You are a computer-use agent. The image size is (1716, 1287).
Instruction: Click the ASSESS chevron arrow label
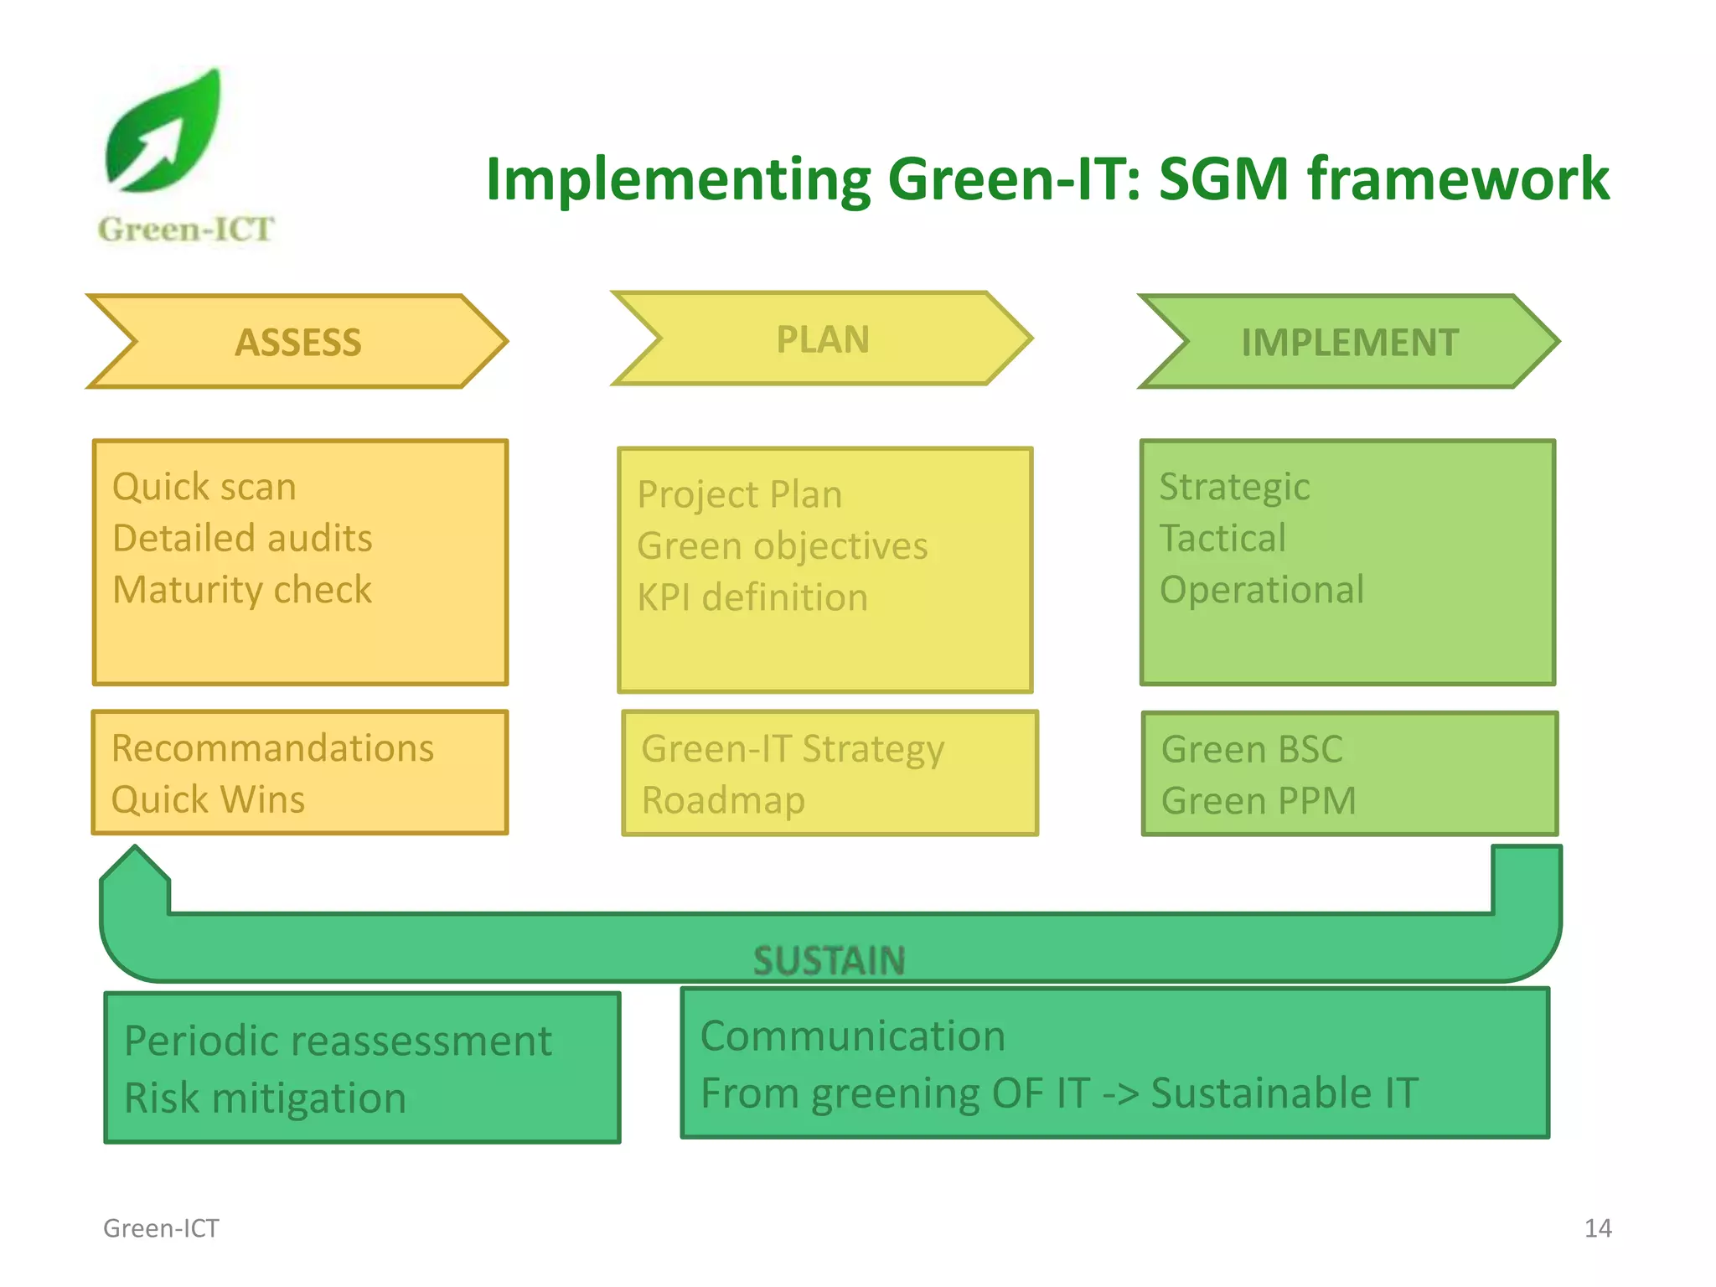pos(297,342)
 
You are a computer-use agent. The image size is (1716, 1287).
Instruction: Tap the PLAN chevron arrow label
pos(822,339)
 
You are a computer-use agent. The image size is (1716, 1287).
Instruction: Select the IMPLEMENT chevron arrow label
pos(1349,342)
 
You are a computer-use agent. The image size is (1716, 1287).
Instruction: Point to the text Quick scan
pos(204,487)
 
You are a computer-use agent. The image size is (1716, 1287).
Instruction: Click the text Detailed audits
pos(242,538)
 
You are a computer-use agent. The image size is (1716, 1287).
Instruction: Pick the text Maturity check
pos(242,590)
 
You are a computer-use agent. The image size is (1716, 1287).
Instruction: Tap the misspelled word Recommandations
pos(272,748)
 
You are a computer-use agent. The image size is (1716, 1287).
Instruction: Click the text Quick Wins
pos(208,799)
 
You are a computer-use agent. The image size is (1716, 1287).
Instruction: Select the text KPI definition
pos(752,597)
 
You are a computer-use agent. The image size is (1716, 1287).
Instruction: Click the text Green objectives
pos(782,546)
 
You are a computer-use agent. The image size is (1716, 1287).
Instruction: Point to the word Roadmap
pos(723,800)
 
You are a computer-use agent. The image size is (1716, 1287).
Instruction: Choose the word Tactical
pos(1222,538)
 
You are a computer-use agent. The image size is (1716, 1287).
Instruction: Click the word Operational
pos(1261,590)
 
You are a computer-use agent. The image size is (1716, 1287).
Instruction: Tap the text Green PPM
pos(1258,801)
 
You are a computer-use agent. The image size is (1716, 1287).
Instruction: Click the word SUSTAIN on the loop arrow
pos(829,960)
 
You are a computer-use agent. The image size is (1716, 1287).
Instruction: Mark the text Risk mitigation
pos(265,1098)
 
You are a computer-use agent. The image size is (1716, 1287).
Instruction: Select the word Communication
pos(852,1036)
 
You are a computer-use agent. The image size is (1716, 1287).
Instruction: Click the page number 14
pos(1597,1228)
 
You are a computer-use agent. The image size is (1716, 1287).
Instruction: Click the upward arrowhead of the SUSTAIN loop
pos(135,867)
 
